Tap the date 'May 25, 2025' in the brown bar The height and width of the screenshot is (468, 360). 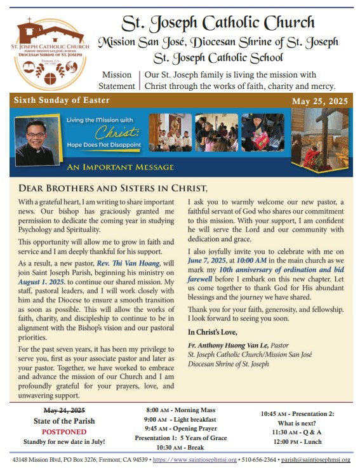point(319,102)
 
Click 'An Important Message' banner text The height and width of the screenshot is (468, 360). point(120,167)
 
